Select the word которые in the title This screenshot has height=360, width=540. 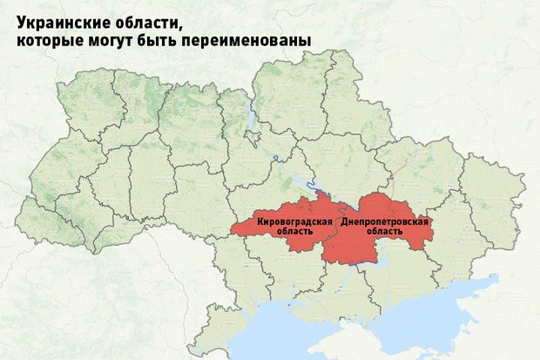pyautogui.click(x=50, y=41)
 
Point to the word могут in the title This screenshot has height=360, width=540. pyautogui.click(x=117, y=41)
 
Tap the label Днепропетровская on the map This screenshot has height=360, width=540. pyautogui.click(x=384, y=224)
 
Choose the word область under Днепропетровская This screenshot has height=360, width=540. pyautogui.click(x=384, y=234)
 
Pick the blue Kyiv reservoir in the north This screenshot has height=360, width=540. pyautogui.click(x=252, y=118)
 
